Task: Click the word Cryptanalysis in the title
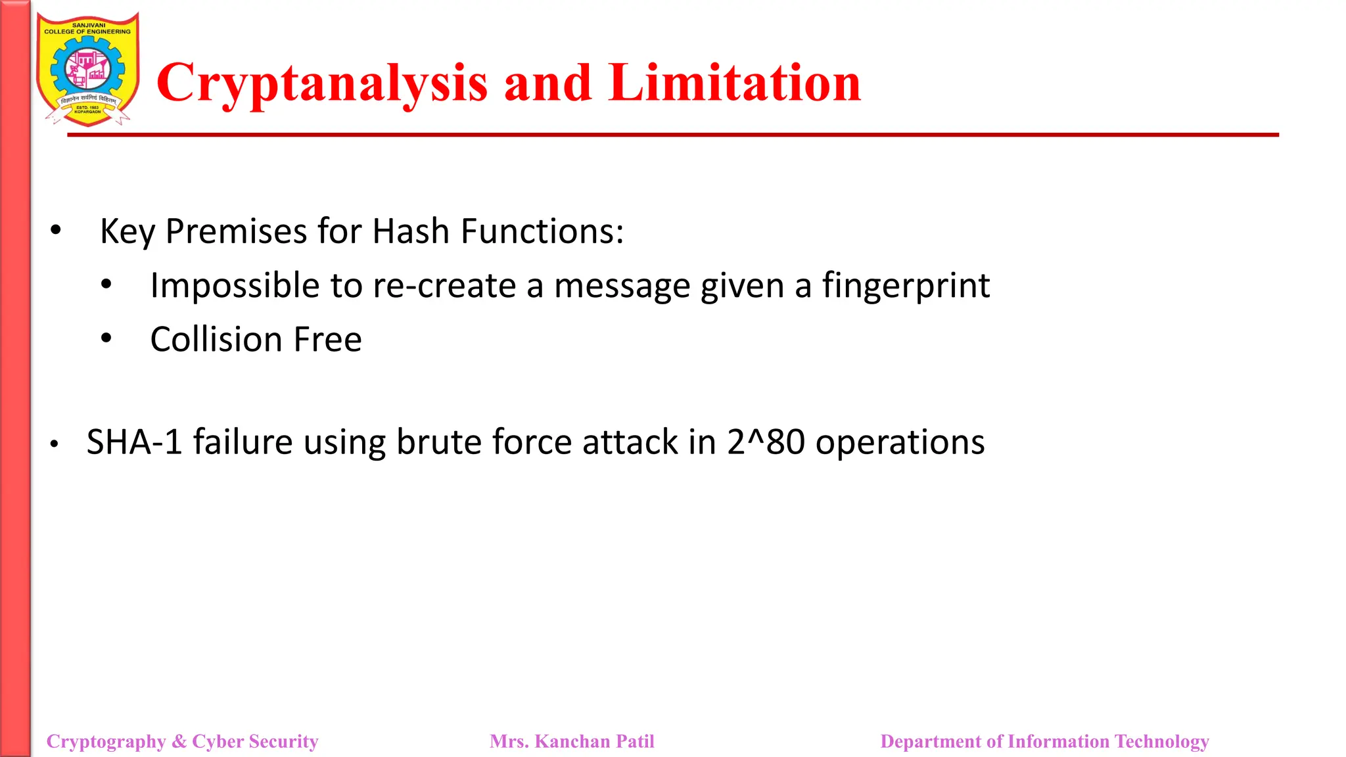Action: (x=322, y=84)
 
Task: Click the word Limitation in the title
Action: (x=734, y=83)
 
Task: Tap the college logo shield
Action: (x=87, y=69)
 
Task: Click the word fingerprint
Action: (x=906, y=287)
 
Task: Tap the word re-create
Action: (x=444, y=287)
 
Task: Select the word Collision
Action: (x=216, y=340)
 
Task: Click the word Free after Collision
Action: (x=327, y=340)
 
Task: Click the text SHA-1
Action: (x=134, y=442)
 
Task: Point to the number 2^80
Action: (x=766, y=442)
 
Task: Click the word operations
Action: (x=900, y=442)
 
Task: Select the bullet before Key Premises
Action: (x=56, y=230)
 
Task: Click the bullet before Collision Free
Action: (x=106, y=338)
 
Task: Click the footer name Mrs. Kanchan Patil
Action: (x=572, y=741)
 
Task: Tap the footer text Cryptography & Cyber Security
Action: (x=182, y=741)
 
